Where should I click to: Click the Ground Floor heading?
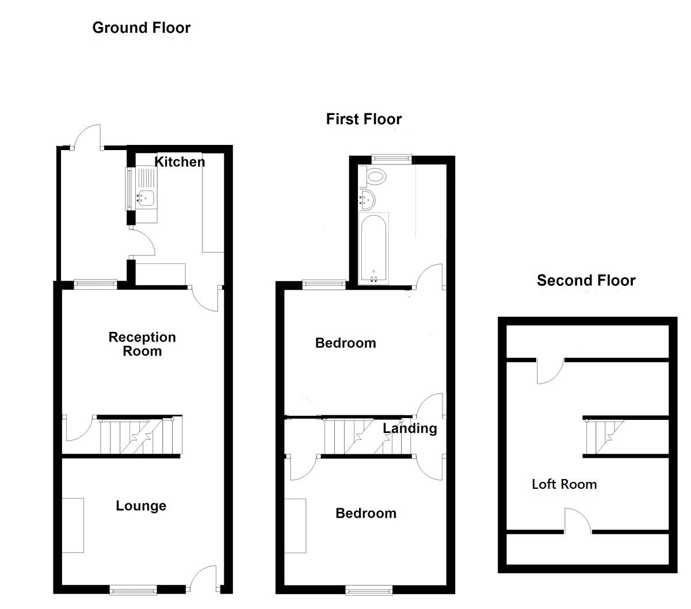click(x=141, y=28)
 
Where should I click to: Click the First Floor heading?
click(x=364, y=119)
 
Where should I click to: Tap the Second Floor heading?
click(x=586, y=281)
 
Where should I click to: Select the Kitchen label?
click(x=180, y=162)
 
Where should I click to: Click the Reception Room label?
click(x=142, y=344)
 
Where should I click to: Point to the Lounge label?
click(x=141, y=506)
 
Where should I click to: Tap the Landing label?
click(x=410, y=428)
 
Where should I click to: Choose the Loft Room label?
click(x=564, y=484)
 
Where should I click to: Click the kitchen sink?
click(x=145, y=197)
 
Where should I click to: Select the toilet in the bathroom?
click(x=376, y=176)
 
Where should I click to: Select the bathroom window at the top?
click(x=392, y=157)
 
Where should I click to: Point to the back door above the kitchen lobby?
click(x=87, y=137)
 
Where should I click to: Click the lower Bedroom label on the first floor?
click(x=366, y=514)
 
